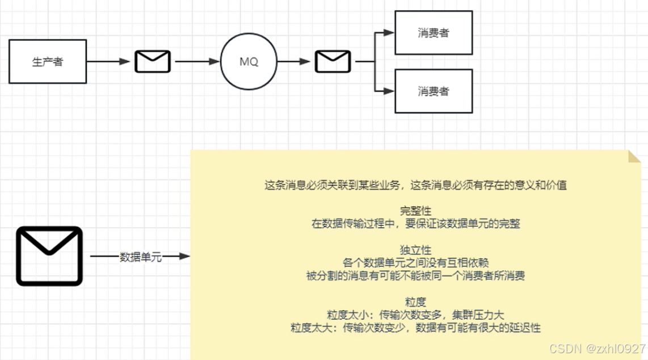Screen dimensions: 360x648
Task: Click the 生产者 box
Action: [48, 61]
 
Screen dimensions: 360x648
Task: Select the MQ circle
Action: [249, 61]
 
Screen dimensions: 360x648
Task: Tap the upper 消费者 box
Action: [433, 32]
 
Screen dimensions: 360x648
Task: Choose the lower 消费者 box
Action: [433, 91]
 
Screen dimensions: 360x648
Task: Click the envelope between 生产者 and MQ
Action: [153, 61]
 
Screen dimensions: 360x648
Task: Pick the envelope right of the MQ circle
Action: [333, 61]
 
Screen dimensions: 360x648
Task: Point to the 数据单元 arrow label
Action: [141, 257]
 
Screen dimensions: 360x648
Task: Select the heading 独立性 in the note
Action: [415, 250]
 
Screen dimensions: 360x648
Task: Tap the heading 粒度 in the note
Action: [415, 302]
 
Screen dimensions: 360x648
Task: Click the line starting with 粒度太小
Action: [415, 314]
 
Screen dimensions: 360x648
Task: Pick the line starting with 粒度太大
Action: [415, 327]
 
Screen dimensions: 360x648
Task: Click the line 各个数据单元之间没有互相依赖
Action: [415, 263]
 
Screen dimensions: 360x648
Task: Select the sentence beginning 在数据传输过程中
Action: [415, 224]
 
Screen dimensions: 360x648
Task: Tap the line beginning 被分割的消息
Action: [415, 276]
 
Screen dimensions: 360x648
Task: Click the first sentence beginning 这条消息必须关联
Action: [415, 185]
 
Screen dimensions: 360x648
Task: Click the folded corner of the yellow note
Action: [633, 156]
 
